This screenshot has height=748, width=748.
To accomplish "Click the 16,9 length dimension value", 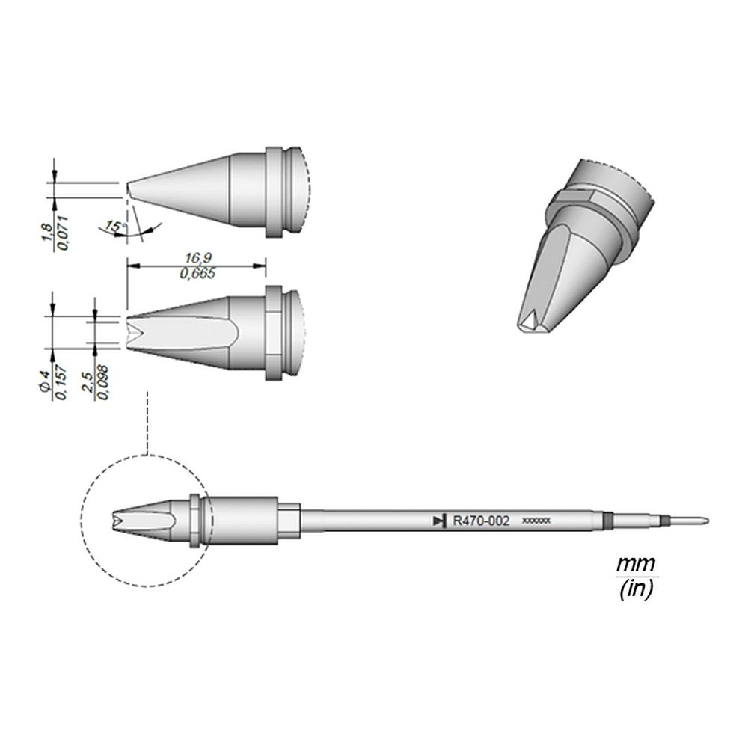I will click(x=197, y=257).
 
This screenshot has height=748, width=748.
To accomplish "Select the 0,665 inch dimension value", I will click(x=197, y=274).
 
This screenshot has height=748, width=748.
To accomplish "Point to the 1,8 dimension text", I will click(x=46, y=232).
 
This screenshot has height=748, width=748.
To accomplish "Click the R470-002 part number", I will click(x=482, y=521).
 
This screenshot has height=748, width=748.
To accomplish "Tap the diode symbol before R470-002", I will click(x=439, y=521).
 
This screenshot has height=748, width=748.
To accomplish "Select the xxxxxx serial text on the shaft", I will click(x=536, y=521).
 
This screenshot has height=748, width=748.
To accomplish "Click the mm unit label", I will click(x=636, y=562).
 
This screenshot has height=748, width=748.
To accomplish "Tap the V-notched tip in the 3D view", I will click(x=528, y=320).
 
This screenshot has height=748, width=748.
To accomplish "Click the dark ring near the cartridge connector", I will click(x=607, y=521).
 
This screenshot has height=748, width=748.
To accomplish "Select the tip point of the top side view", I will click(x=129, y=188).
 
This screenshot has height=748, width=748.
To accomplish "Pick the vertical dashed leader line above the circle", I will click(x=147, y=423).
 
